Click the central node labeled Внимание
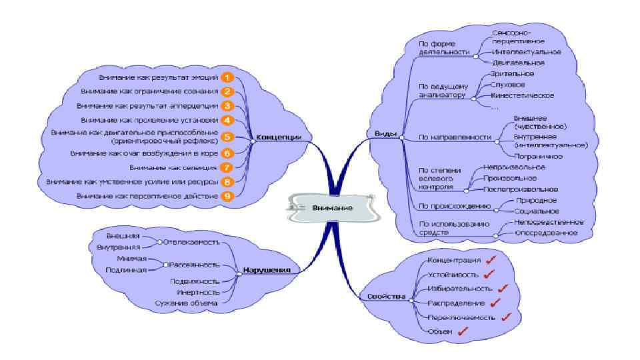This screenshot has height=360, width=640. (331, 207)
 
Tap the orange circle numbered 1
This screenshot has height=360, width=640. (227, 78)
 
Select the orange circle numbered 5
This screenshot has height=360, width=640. (227, 137)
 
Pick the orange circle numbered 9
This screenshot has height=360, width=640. (227, 196)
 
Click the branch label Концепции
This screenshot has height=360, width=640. (275, 137)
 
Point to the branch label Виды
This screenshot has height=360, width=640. (387, 134)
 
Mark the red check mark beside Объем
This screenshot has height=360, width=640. (463, 331)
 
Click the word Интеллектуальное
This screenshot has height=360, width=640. (526, 51)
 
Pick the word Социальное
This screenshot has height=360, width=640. (537, 210)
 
